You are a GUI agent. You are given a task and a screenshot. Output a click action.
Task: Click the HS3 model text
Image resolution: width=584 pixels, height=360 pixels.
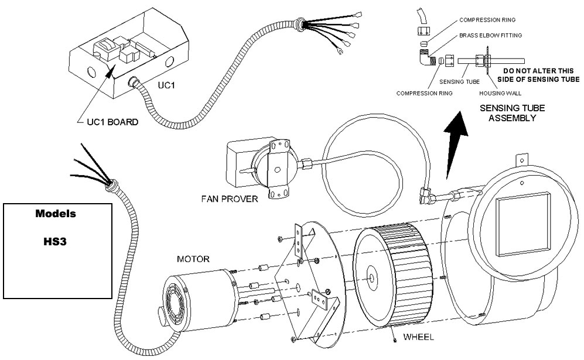pos(57,240)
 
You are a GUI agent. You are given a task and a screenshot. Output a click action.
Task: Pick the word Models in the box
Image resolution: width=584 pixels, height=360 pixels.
pos(57,214)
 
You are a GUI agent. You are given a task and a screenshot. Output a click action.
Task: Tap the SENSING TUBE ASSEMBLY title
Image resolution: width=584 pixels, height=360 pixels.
pos(508,114)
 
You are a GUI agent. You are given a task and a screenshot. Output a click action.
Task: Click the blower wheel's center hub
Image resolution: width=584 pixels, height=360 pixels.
pos(373,274)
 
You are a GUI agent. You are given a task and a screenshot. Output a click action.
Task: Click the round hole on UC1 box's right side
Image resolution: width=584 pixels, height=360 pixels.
pos(170,61)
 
